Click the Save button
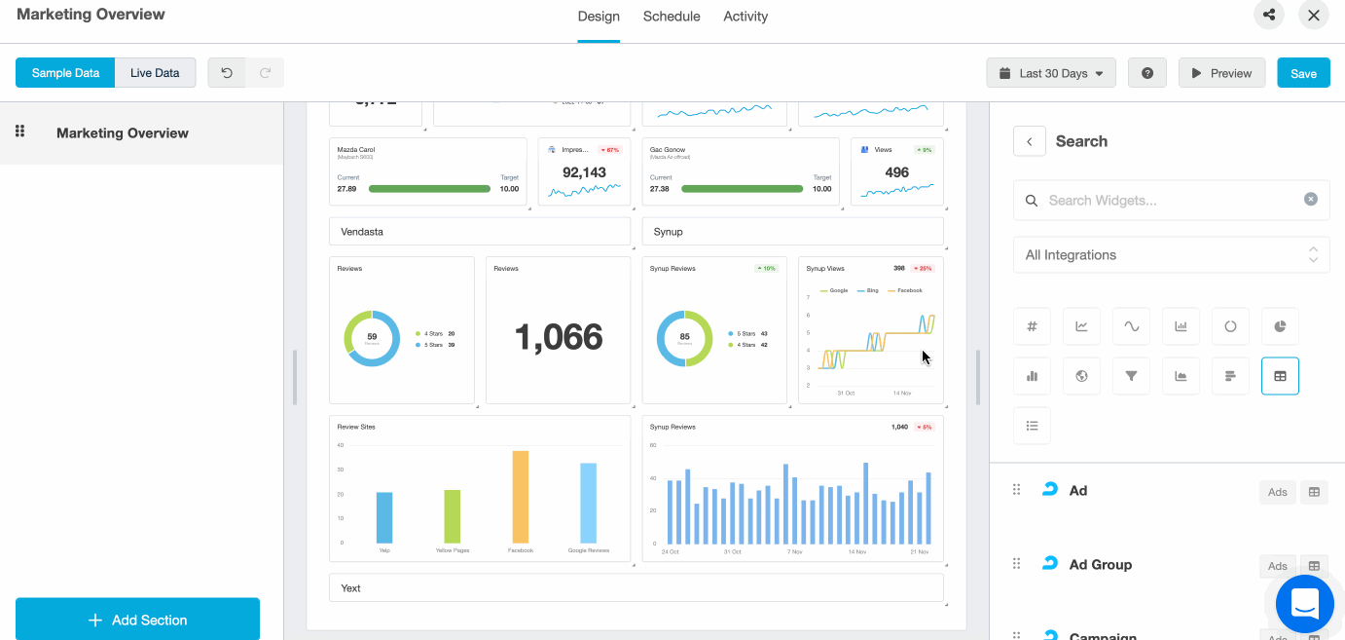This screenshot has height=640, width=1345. [1303, 73]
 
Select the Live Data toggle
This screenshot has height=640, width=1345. [155, 73]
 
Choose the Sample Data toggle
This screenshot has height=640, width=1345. [65, 73]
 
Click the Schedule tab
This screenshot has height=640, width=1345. [672, 17]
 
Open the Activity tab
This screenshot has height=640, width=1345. [745, 17]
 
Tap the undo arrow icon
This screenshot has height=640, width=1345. [227, 73]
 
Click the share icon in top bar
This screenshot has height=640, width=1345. [1269, 15]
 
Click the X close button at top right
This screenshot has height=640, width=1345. [1314, 15]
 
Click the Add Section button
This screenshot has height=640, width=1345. [137, 620]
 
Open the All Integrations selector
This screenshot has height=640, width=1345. [1171, 255]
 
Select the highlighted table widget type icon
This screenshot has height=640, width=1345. [1280, 376]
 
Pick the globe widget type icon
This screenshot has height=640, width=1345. [1081, 376]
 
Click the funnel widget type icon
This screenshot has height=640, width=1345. [1131, 376]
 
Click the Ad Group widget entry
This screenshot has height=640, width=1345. [1100, 565]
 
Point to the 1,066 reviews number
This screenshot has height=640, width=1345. [559, 337]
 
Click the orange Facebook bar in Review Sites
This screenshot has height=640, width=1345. [521, 497]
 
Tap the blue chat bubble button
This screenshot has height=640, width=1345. [1304, 603]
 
